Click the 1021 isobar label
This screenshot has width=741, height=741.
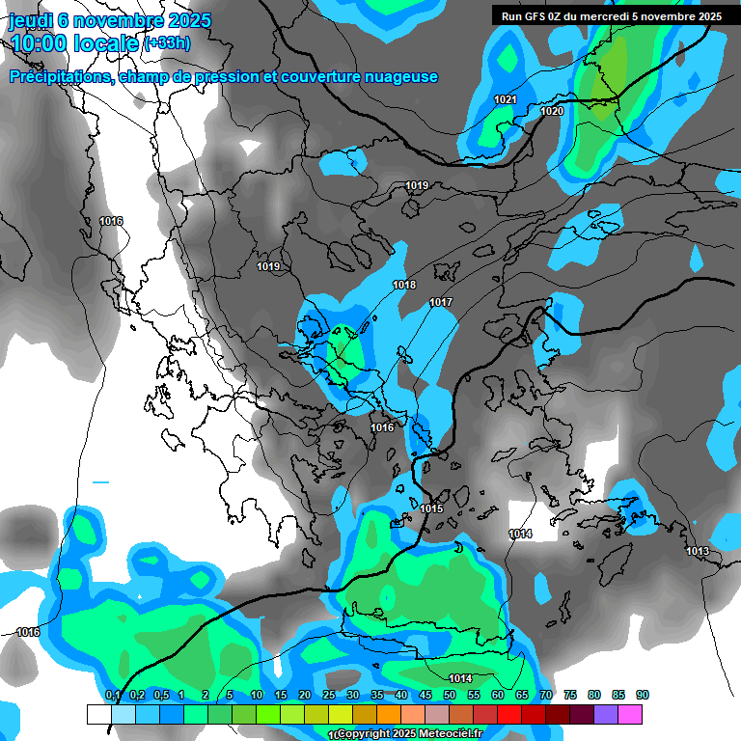pyautogui.click(x=505, y=99)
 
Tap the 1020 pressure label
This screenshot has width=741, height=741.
pyautogui.click(x=552, y=112)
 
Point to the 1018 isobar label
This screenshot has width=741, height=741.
pyautogui.click(x=404, y=285)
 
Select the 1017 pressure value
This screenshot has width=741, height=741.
pyautogui.click(x=441, y=303)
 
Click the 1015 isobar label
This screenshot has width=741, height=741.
pyautogui.click(x=431, y=508)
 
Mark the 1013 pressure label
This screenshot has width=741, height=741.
pyautogui.click(x=698, y=551)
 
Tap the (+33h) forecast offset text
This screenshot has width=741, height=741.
pyautogui.click(x=167, y=43)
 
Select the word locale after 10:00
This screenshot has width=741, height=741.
pyautogui.click(x=104, y=43)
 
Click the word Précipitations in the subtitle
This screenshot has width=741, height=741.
pyautogui.click(x=60, y=76)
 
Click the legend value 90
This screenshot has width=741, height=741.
pyautogui.click(x=643, y=695)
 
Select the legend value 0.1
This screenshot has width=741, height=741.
pyautogui.click(x=112, y=695)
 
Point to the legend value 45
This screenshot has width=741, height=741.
pyautogui.click(x=425, y=695)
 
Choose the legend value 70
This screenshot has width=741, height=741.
pyautogui.click(x=546, y=695)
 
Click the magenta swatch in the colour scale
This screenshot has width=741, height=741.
pyautogui.click(x=630, y=714)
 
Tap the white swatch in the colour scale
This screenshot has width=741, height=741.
pyautogui.click(x=99, y=714)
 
